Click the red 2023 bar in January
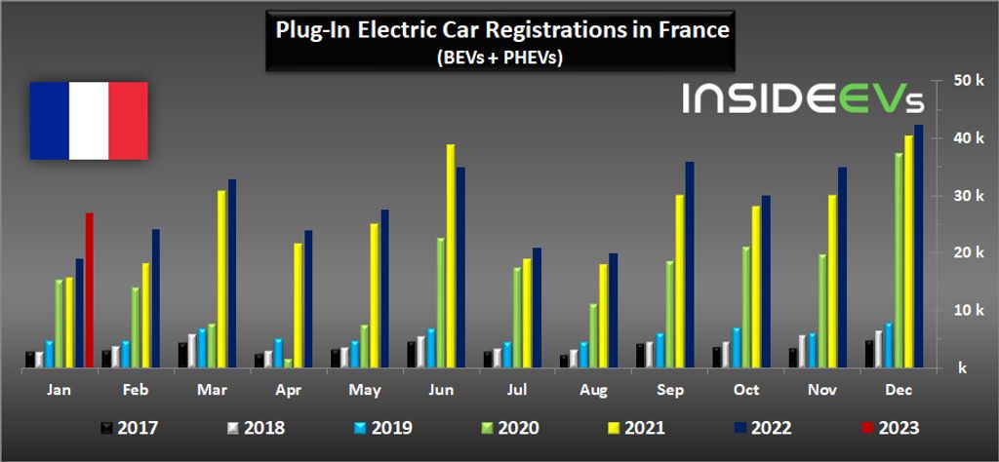(x=90, y=289)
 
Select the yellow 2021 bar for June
(x=451, y=255)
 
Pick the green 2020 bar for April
(x=289, y=363)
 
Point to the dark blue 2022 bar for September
(x=690, y=264)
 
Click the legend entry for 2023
(x=889, y=427)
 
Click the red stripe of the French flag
(x=128, y=121)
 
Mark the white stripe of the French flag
(x=89, y=121)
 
